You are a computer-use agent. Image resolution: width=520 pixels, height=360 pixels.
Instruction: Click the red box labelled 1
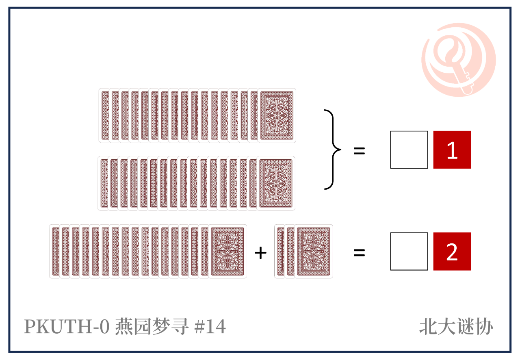coord(452,150)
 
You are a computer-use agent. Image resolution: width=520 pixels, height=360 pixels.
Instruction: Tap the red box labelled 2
coord(452,251)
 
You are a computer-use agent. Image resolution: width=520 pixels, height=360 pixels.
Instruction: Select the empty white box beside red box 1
coord(409,150)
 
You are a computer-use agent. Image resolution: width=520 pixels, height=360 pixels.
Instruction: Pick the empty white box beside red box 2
coord(409,251)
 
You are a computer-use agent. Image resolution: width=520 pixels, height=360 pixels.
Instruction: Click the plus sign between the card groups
coord(260,253)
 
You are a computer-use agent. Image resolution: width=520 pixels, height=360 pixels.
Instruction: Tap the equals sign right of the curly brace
coord(359,151)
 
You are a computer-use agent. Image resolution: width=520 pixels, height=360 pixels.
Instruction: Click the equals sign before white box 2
coord(359,253)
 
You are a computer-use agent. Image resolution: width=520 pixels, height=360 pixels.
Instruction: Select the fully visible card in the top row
coord(277,115)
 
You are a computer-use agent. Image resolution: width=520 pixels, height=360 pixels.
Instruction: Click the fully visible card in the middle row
coord(276,183)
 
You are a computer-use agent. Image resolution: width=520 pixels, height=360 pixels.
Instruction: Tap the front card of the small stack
coord(314,251)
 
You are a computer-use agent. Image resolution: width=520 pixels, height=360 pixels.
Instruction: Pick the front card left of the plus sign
coord(227,251)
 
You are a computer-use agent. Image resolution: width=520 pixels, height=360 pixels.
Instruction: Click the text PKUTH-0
coord(67,326)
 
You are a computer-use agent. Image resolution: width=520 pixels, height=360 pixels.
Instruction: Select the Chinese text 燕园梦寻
coord(152,326)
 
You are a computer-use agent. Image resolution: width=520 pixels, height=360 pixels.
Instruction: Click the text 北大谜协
coord(456,327)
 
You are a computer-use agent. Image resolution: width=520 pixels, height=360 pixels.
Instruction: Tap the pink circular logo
coord(458,60)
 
